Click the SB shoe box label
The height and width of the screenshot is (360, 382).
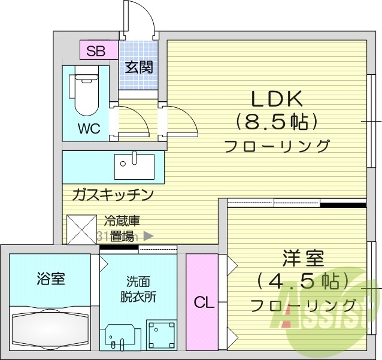(x=95, y=50)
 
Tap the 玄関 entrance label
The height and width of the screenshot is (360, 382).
(x=138, y=66)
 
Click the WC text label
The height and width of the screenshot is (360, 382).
(x=89, y=128)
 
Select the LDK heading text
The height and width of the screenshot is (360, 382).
(x=277, y=98)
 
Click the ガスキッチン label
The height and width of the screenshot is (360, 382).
(x=113, y=195)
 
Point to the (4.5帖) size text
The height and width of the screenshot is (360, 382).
(x=303, y=281)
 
